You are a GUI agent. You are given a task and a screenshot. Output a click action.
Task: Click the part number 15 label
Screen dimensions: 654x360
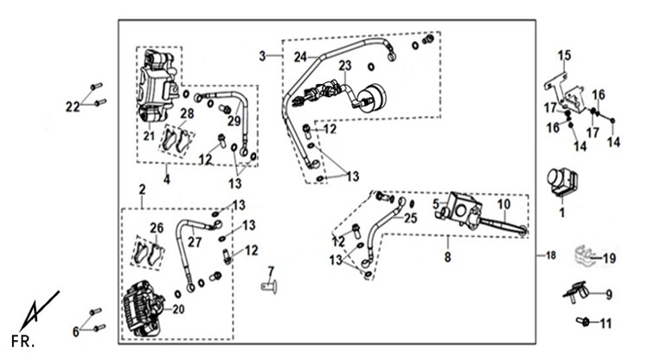[x=564, y=55]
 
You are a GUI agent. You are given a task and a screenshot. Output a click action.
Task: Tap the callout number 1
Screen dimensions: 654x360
[x=561, y=213]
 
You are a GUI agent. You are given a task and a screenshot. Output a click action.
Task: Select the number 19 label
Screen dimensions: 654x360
[x=609, y=259]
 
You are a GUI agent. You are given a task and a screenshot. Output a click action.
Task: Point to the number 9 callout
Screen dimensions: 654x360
[x=609, y=295]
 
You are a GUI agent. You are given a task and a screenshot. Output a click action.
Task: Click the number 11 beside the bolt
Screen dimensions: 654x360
[x=606, y=324]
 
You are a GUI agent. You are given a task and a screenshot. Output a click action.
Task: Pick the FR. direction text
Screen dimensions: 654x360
[x=22, y=342]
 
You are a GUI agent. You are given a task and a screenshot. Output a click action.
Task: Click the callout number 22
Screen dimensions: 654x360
[x=73, y=106]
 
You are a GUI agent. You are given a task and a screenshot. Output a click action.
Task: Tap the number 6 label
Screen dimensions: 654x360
[x=75, y=332]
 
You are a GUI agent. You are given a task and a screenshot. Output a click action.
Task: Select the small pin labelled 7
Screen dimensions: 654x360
[x=269, y=287]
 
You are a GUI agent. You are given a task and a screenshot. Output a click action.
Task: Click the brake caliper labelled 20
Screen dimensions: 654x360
[x=143, y=308]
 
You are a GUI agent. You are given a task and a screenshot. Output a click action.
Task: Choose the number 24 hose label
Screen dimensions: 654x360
[x=300, y=58]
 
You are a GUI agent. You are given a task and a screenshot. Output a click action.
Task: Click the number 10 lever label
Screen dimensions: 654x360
[x=503, y=204]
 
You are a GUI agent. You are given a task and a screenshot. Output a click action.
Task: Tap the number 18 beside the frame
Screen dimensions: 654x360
[x=551, y=255]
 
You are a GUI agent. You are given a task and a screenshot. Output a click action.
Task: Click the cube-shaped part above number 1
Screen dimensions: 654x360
[x=561, y=182]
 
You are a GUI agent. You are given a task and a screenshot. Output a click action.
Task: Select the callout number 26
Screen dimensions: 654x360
[x=157, y=228]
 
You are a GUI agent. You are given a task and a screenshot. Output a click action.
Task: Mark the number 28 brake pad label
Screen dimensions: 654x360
[x=187, y=113]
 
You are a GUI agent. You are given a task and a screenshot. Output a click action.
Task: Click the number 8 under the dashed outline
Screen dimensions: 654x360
[x=447, y=257]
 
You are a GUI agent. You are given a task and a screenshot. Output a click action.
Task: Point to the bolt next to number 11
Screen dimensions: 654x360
[x=583, y=321]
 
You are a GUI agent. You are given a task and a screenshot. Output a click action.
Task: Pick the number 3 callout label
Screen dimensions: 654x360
[x=262, y=56]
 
